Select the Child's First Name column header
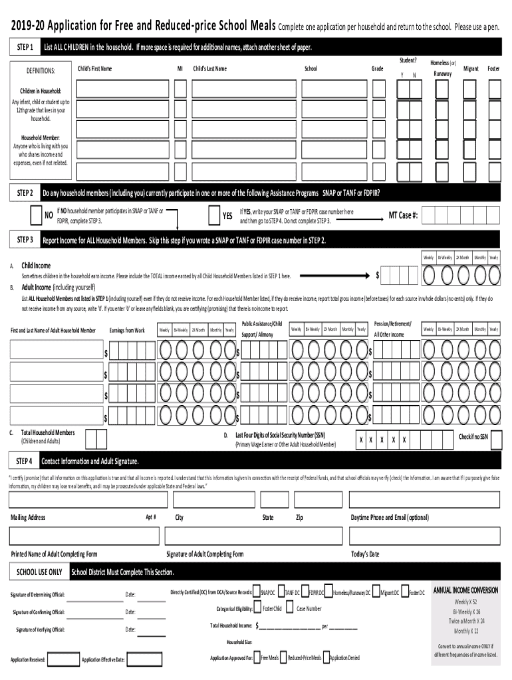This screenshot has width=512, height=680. [95, 69]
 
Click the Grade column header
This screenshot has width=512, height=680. [377, 69]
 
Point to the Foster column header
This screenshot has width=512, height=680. [493, 69]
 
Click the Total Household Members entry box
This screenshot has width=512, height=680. [96, 438]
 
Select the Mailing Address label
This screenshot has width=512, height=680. [28, 517]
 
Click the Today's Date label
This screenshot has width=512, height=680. [365, 554]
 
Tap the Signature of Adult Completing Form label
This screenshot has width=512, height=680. [205, 554]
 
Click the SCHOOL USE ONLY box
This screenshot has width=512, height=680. [39, 572]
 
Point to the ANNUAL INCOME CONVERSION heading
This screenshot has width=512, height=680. [465, 590]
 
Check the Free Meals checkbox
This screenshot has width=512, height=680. [257, 657]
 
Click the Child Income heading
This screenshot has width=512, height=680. [36, 266]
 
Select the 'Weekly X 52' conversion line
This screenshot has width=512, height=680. [465, 602]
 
